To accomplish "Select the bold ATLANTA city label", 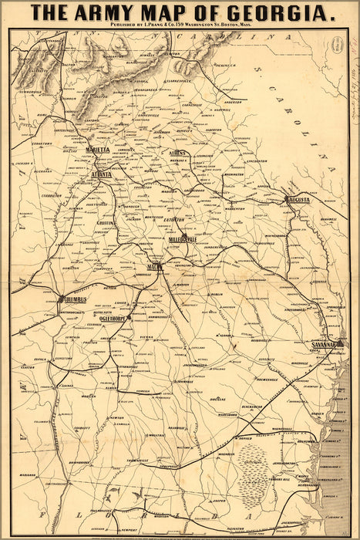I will pyautogui.click(x=101, y=175).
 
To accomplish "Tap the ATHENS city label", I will pyautogui.click(x=178, y=154).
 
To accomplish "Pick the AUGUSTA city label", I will pyautogui.click(x=298, y=200).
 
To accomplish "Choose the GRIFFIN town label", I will pyautogui.click(x=106, y=222).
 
